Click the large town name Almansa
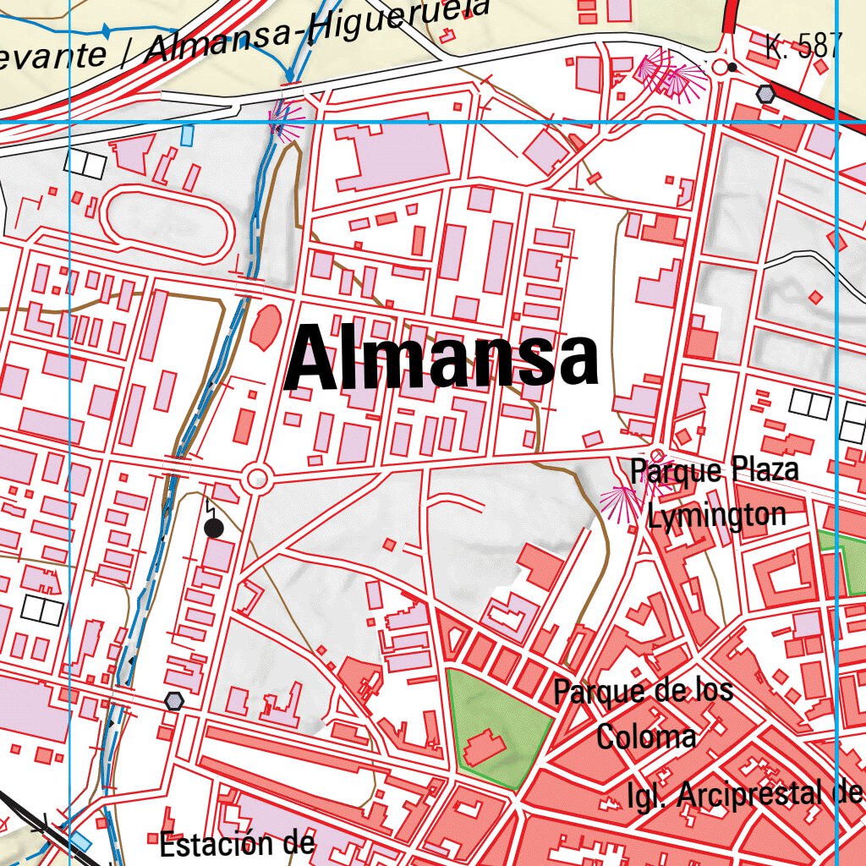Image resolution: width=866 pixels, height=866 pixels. pyautogui.click(x=441, y=359)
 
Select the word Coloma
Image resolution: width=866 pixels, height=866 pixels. pyautogui.click(x=646, y=736)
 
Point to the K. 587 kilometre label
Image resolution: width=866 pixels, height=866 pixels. pyautogui.click(x=802, y=46)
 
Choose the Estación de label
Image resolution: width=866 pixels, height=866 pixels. pyautogui.click(x=237, y=843)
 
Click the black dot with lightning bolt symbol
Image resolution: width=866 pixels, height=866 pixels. pyautogui.click(x=214, y=529)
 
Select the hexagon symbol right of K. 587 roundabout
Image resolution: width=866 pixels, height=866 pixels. pyautogui.click(x=766, y=94)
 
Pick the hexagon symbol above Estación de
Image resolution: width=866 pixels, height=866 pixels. pyautogui.click(x=174, y=700)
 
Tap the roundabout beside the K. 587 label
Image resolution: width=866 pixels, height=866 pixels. pyautogui.click(x=721, y=67)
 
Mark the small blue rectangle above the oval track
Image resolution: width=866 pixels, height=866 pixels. pyautogui.click(x=187, y=134)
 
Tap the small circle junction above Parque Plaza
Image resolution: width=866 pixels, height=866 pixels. pyautogui.click(x=657, y=454)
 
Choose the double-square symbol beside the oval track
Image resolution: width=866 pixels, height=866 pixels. pyautogui.click(x=85, y=164)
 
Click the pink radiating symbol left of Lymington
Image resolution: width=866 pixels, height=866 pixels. pyautogui.click(x=622, y=503)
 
